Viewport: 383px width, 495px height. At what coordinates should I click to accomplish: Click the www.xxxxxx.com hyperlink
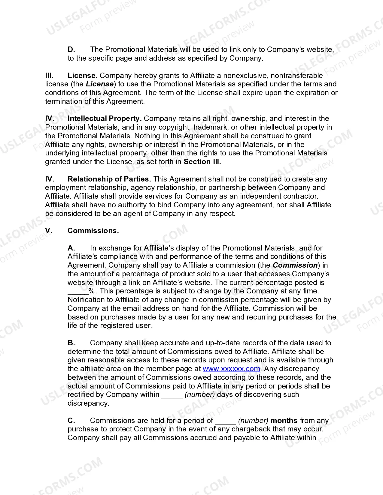231,369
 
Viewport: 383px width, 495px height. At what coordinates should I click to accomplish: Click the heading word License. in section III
82,76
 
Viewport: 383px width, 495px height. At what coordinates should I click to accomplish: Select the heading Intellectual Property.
104,118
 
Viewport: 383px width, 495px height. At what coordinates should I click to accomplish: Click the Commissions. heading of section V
93,231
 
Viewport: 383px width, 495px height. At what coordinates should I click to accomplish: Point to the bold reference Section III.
202,162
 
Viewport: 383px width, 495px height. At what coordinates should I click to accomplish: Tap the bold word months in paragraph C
284,421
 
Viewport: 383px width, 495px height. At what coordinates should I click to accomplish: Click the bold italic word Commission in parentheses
295,265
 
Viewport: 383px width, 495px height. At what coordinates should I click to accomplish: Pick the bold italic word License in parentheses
100,84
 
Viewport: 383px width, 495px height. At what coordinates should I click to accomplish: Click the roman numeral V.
48,231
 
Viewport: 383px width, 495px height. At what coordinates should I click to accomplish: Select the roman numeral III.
49,76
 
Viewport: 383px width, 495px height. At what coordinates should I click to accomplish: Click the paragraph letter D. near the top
71,49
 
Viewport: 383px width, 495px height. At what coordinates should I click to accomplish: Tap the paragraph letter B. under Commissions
71,343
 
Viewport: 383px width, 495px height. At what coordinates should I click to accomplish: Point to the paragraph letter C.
71,421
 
